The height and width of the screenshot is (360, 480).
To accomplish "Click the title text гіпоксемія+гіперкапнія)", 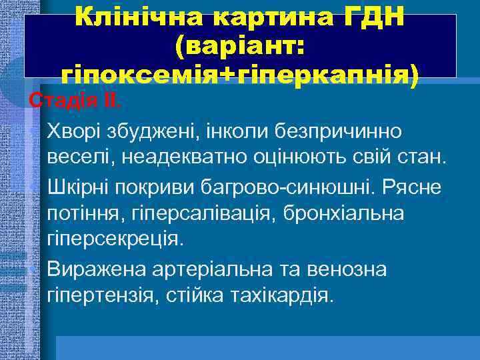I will click(240, 75).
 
